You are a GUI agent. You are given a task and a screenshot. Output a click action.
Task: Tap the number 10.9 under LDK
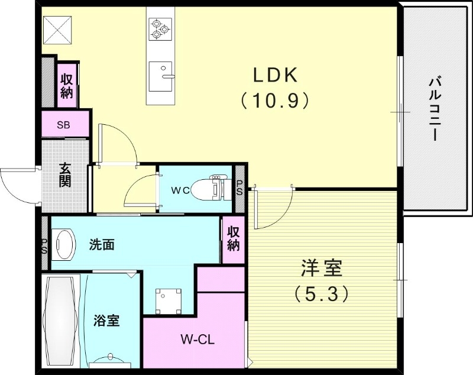click(x=275, y=101)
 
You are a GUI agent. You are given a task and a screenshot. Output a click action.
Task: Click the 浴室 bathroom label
click(x=107, y=321)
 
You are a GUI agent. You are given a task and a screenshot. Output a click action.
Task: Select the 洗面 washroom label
click(x=102, y=244)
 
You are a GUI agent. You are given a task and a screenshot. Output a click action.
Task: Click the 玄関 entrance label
click(x=64, y=174)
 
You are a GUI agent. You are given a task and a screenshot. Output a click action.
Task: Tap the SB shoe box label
click(x=63, y=125)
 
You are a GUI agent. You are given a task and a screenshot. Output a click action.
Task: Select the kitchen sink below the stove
click(x=161, y=76)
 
